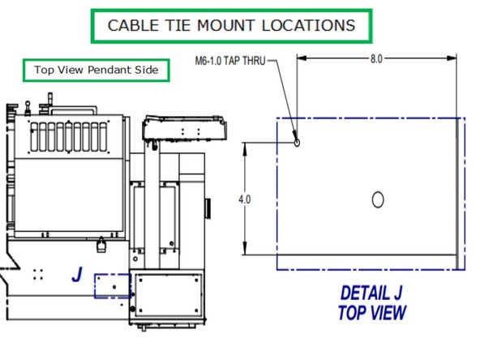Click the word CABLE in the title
click(135, 25)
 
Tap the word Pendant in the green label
click(109, 71)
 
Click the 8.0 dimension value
click(375, 59)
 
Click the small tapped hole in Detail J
click(297, 142)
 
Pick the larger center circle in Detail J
click(376, 199)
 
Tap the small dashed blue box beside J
click(112, 285)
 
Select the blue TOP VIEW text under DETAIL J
click(372, 311)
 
